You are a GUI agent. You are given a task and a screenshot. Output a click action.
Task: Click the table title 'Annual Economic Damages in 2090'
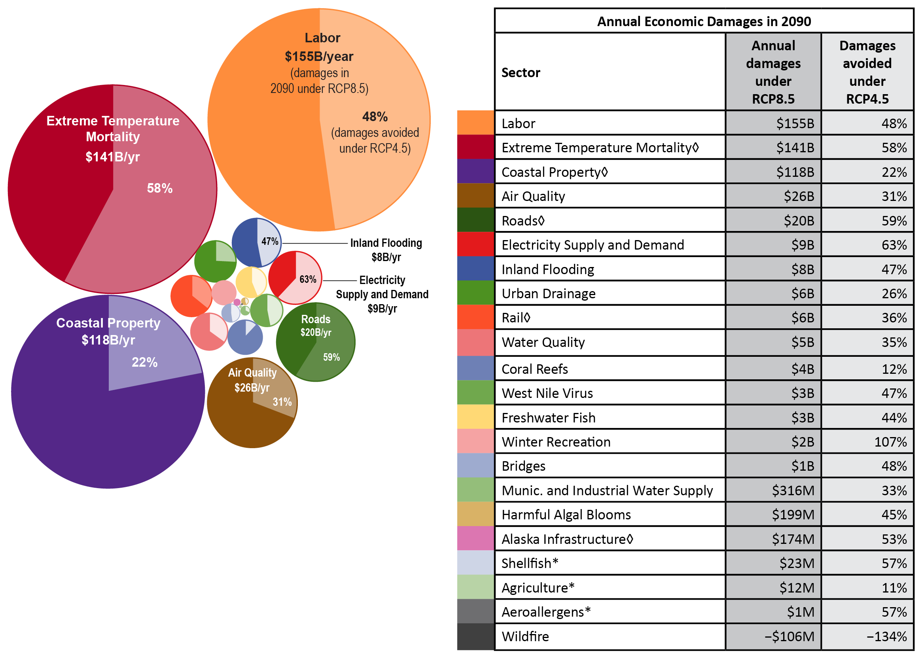704,21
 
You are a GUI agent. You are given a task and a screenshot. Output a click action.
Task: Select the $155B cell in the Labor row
795,123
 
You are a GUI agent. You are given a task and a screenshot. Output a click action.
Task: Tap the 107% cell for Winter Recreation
890,442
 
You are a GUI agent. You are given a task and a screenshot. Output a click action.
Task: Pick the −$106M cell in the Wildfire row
789,636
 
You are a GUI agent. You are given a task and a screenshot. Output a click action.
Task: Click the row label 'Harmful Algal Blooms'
566,515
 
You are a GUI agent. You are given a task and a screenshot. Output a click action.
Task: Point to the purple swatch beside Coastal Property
475,172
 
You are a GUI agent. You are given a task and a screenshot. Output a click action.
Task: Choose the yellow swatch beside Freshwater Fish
475,417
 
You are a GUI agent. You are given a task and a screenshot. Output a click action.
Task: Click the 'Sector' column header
521,72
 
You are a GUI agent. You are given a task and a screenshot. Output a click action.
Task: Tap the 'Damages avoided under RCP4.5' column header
867,72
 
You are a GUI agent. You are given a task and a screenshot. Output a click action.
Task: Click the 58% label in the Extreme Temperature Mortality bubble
159,188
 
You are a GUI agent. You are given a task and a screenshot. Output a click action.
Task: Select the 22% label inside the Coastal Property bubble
144,362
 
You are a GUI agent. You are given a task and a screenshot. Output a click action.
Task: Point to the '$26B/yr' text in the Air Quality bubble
252,388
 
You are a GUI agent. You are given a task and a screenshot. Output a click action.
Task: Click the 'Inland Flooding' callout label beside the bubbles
386,243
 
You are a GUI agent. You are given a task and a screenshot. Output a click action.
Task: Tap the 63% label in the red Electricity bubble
307,279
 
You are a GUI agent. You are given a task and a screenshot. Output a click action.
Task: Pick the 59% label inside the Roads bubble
331,357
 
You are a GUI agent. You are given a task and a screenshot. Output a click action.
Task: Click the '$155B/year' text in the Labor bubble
319,56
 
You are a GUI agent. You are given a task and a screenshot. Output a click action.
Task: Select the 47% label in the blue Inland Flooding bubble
269,242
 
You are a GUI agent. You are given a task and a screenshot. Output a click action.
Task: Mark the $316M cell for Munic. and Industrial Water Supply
793,490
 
